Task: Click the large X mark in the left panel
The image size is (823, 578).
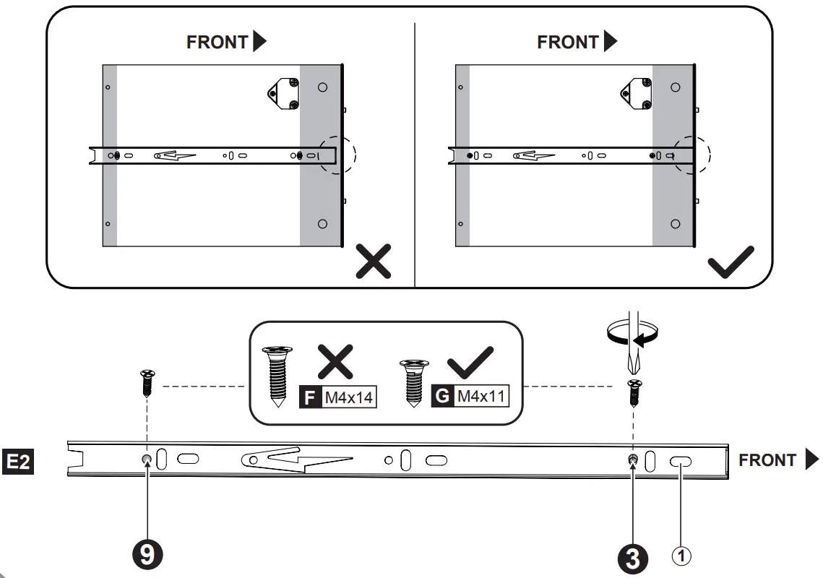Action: pyautogui.click(x=374, y=261)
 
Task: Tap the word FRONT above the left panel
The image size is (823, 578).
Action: pyautogui.click(x=217, y=43)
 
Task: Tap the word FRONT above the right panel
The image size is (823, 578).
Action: pyautogui.click(x=568, y=43)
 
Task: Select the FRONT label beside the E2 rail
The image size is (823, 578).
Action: pyautogui.click(x=767, y=460)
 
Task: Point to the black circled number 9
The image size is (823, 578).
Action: pyautogui.click(x=147, y=554)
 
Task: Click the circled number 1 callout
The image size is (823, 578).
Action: pyautogui.click(x=682, y=556)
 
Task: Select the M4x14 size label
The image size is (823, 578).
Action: pyautogui.click(x=350, y=397)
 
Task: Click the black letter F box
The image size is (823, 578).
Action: pyautogui.click(x=309, y=397)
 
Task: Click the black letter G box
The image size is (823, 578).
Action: pyautogui.click(x=441, y=396)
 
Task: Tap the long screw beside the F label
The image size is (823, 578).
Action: pyautogui.click(x=277, y=376)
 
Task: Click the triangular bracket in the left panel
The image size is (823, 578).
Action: pyautogui.click(x=283, y=95)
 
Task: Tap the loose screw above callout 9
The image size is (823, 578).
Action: pyautogui.click(x=147, y=381)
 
